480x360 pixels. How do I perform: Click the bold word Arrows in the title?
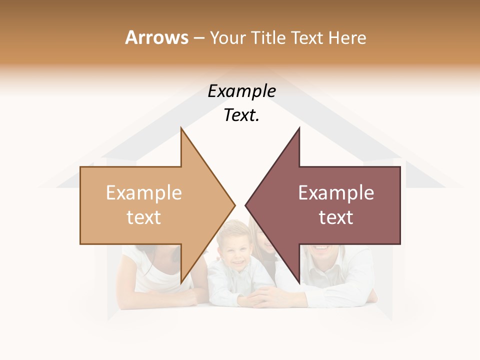[157, 37]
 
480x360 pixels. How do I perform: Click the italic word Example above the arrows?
[242, 91]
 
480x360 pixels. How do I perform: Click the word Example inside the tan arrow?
[144, 193]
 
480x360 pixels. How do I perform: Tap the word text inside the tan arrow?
[144, 217]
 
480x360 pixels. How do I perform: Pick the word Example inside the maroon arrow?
[336, 193]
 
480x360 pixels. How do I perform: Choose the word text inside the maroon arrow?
[336, 217]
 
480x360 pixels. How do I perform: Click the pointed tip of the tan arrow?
[234, 204]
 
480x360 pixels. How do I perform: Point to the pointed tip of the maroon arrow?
[246, 204]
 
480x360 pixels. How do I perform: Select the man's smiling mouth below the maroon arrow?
[321, 247]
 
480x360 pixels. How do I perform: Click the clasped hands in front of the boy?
[260, 297]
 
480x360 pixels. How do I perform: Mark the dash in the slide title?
[198, 38]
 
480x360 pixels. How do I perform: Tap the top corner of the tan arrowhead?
[181, 129]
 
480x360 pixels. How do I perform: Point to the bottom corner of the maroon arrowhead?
[299, 281]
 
